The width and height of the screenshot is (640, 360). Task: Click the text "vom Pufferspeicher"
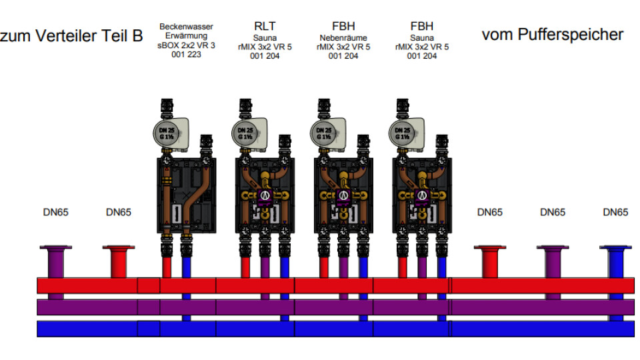552,35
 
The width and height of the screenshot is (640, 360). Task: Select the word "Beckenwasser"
186,27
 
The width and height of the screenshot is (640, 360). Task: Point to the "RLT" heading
265,27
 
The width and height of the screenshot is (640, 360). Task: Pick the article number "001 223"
186,55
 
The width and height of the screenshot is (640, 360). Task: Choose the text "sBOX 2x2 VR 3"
186,46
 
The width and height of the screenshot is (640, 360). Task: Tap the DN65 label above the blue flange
615,213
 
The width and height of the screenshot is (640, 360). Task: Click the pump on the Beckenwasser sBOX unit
171,132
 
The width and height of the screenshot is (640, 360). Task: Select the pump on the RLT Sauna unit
250,132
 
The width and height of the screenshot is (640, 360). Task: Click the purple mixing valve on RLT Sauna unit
265,195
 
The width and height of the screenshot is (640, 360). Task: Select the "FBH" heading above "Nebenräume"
343,27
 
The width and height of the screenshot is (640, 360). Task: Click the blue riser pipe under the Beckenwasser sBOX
186,267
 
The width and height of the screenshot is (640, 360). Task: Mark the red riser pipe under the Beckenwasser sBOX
166,267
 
